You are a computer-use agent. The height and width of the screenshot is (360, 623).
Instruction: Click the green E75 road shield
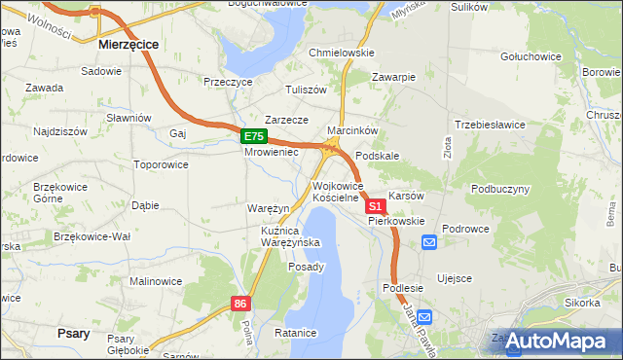coord(253,137)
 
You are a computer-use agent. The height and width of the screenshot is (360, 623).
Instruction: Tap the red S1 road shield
coord(375,206)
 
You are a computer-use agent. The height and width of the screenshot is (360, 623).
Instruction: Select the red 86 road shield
coord(241,304)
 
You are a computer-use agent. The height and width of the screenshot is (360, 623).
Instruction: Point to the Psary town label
coord(74,333)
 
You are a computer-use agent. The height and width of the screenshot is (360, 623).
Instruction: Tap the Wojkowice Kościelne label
coord(338,192)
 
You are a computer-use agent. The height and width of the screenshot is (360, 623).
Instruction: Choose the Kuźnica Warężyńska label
coord(277,236)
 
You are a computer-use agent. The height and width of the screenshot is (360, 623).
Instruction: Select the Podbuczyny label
coord(500,189)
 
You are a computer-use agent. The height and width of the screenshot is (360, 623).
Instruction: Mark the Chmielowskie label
coord(342,53)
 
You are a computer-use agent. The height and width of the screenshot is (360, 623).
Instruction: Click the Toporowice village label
coord(161,165)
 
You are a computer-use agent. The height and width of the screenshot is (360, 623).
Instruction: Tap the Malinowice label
coord(155,281)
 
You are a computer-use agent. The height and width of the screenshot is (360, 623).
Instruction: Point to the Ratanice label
coord(296,333)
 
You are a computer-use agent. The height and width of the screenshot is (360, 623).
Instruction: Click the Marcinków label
coord(352,129)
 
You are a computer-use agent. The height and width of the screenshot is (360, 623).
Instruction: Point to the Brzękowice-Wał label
coord(92,236)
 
